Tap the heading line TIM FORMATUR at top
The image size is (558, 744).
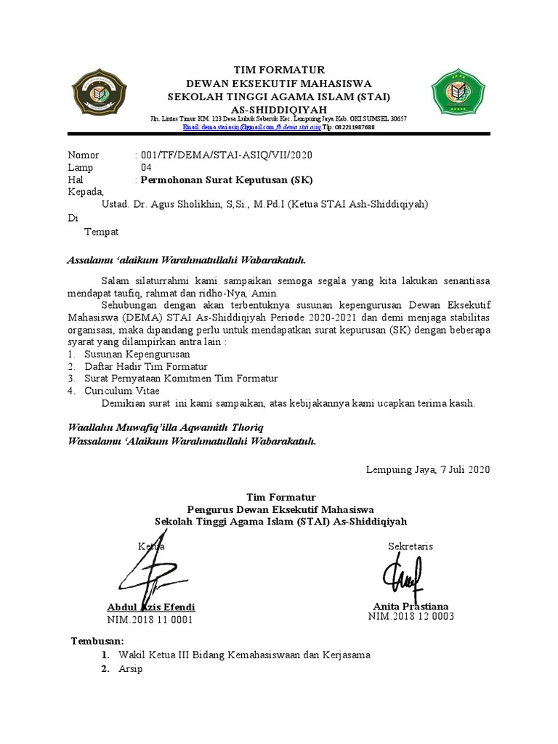pos(280,69)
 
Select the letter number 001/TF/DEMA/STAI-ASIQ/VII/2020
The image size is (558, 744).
pos(227,155)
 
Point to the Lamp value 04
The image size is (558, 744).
pos(146,168)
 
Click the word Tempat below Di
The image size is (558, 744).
pos(102,232)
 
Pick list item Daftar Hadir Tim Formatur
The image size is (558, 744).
pos(146,366)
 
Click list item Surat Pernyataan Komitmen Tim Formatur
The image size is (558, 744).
pos(181,379)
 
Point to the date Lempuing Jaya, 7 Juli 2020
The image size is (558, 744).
pos(428,469)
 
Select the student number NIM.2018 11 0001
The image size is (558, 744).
pos(150,620)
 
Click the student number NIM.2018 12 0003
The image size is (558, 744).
pos(411,617)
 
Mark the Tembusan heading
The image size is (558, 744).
pos(97,641)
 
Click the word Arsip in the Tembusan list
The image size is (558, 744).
pos(131,668)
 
